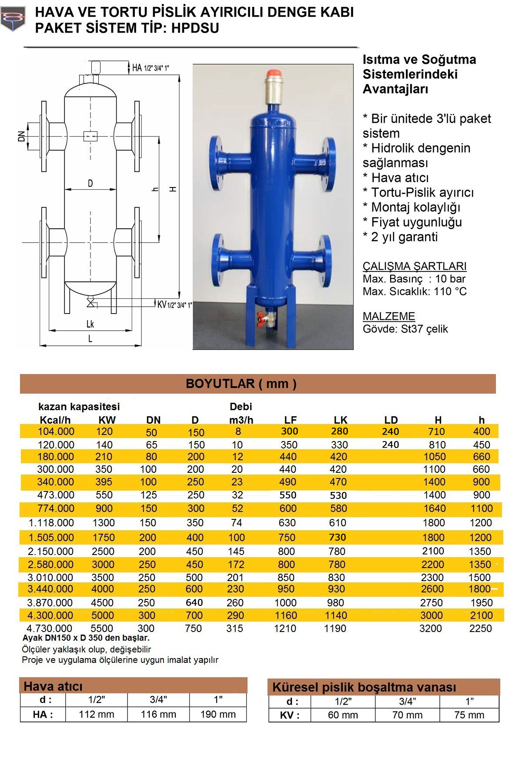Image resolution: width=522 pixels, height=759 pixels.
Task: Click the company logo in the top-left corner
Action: click(13, 20)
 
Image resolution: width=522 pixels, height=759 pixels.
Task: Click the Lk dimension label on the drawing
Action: click(90, 324)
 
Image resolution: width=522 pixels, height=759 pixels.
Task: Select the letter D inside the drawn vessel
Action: click(90, 183)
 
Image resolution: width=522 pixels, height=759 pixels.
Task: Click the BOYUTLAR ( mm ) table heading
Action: click(241, 384)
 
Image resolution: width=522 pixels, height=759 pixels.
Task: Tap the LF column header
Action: click(290, 420)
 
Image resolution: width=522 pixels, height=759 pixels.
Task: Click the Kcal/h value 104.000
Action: click(56, 431)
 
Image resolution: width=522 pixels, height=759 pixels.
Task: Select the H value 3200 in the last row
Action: click(430, 628)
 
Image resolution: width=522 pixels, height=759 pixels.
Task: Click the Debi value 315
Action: click(235, 628)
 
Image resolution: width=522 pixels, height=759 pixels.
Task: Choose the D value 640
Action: click(194, 602)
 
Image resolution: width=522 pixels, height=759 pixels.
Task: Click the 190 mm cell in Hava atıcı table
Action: click(218, 714)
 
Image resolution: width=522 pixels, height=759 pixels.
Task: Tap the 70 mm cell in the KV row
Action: click(407, 715)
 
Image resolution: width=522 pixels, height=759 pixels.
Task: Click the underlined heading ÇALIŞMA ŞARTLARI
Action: click(414, 266)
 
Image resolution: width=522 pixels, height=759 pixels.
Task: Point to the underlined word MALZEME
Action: click(389, 316)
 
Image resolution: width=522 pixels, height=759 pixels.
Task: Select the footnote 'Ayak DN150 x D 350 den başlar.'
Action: click(86, 638)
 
